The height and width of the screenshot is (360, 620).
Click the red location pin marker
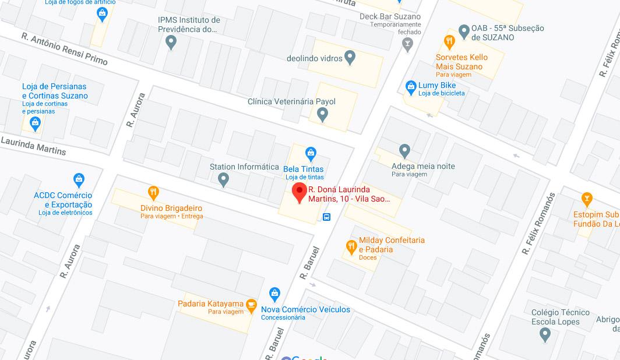pos(299,193)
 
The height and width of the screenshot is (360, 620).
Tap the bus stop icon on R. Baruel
pos(327,217)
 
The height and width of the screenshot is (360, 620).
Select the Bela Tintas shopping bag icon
pos(311,154)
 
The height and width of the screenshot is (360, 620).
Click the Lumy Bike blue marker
pos(411,87)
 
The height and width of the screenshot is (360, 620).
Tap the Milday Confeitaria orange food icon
pos(351,246)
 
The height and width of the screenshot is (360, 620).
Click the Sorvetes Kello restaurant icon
pos(449,41)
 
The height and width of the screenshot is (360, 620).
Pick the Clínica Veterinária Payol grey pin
pos(322,115)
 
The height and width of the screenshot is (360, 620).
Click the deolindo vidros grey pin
pos(350,57)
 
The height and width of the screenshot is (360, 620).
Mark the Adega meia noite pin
pos(405,151)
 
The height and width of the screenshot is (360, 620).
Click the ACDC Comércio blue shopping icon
pos(79,179)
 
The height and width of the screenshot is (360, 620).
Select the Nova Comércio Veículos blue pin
pos(274,294)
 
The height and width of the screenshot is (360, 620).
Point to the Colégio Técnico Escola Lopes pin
pos(545,334)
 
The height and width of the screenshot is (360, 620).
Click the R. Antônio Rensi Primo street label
pos(64,49)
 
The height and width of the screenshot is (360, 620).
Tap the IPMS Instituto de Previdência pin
pos(171,42)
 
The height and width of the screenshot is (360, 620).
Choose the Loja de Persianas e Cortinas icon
pos(35,123)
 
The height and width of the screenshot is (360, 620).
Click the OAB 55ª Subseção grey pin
pos(464,31)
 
